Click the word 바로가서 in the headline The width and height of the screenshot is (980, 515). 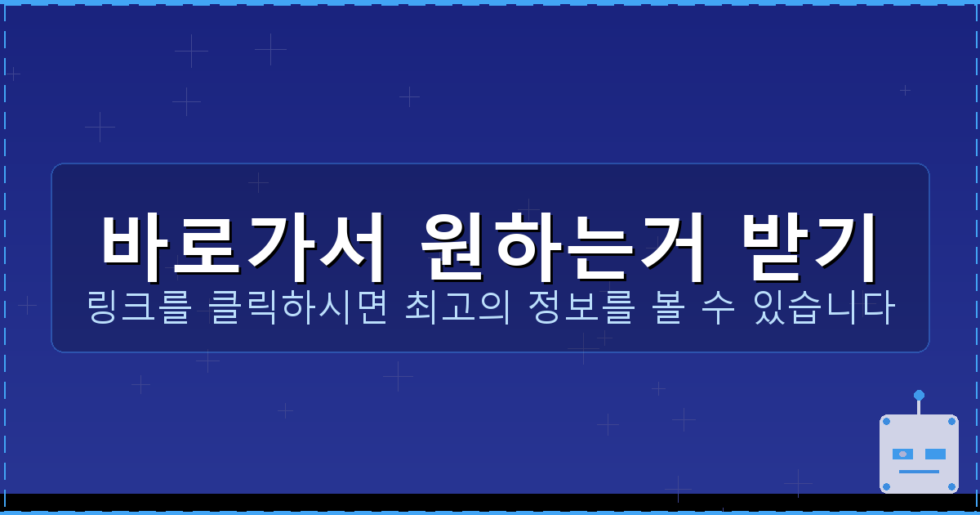point(243,247)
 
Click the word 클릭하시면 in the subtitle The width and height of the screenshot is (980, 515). point(298,307)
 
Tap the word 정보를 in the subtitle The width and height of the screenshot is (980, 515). point(581,307)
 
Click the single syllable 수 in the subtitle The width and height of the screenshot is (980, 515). point(718,307)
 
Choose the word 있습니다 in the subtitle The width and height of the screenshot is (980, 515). point(825,307)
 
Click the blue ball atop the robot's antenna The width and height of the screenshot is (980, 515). point(919,396)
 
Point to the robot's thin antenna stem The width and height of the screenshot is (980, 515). point(919,407)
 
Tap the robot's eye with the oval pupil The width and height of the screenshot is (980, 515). point(902,454)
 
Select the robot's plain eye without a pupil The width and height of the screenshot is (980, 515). point(935,454)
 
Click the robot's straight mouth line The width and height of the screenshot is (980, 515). point(919,472)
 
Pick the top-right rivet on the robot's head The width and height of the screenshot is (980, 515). point(951,422)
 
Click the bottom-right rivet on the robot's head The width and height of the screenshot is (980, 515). point(951,486)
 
